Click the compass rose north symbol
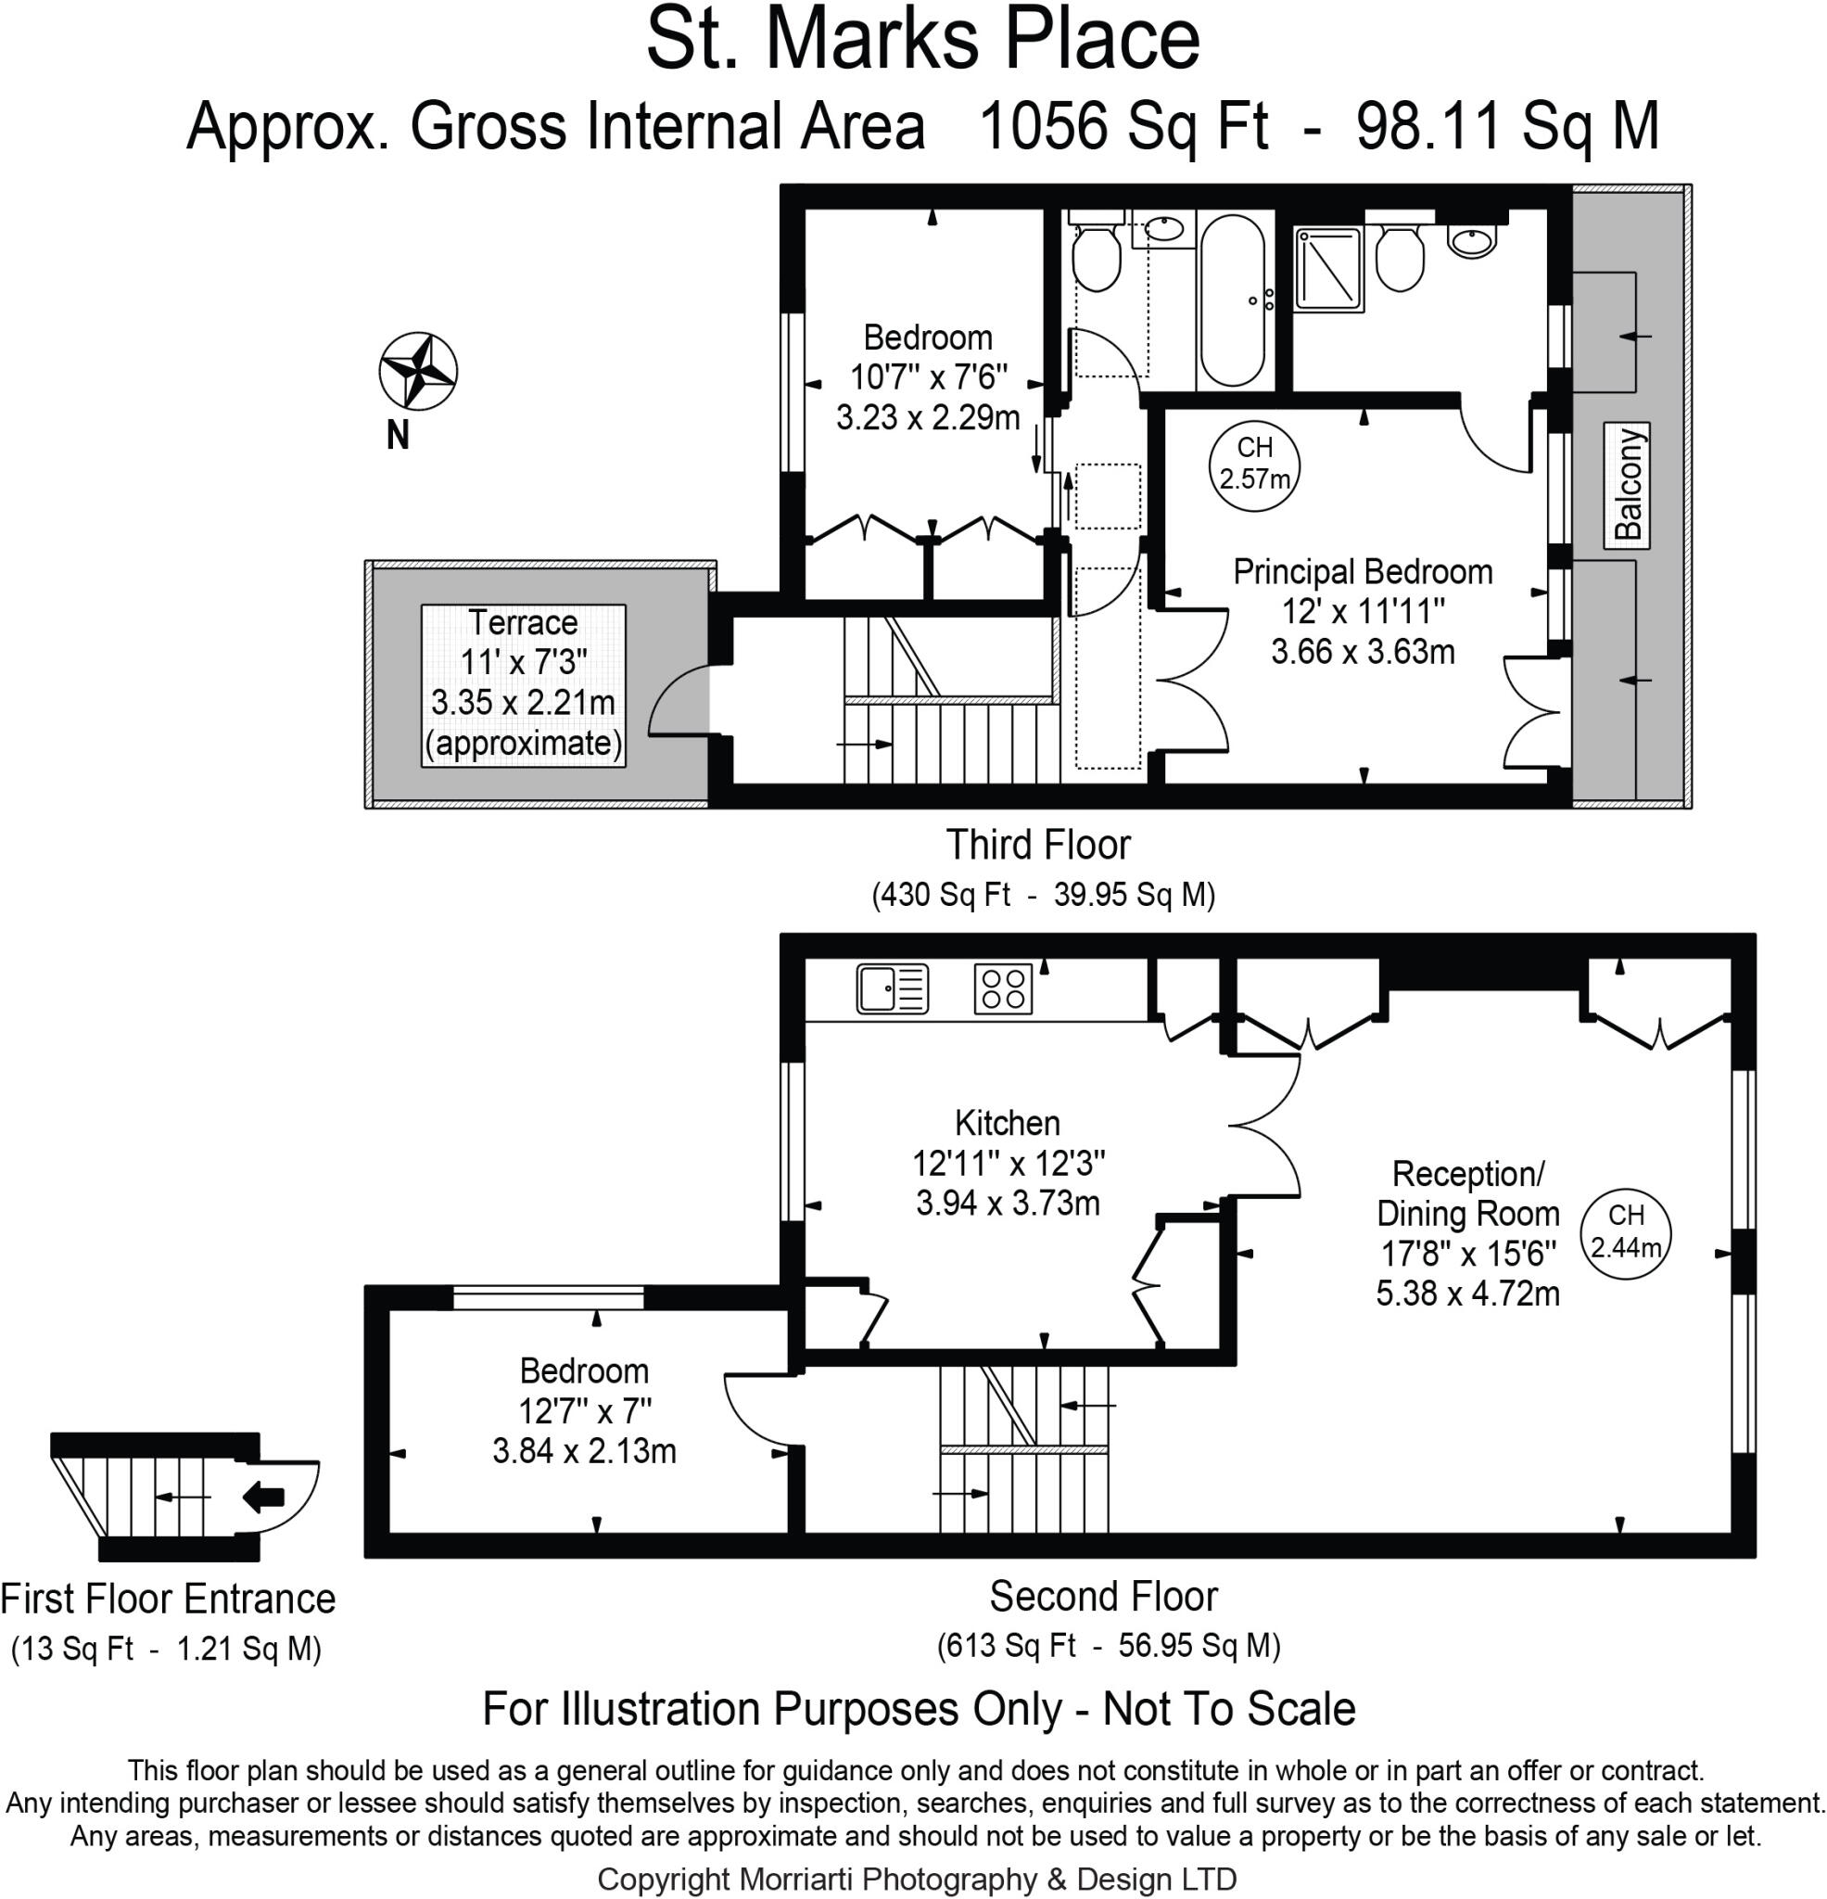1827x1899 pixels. (x=417, y=371)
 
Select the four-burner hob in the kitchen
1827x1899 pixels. (x=1003, y=989)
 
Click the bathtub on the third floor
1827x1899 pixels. (x=1231, y=300)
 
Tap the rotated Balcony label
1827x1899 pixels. (x=1627, y=484)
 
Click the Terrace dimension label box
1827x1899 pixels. (x=523, y=684)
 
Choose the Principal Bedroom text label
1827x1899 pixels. (x=1361, y=571)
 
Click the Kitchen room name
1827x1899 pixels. (x=1007, y=1123)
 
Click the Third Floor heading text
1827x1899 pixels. (x=1037, y=845)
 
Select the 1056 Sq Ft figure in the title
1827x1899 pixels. (x=1123, y=127)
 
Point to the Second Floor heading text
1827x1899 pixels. (x=1102, y=1596)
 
